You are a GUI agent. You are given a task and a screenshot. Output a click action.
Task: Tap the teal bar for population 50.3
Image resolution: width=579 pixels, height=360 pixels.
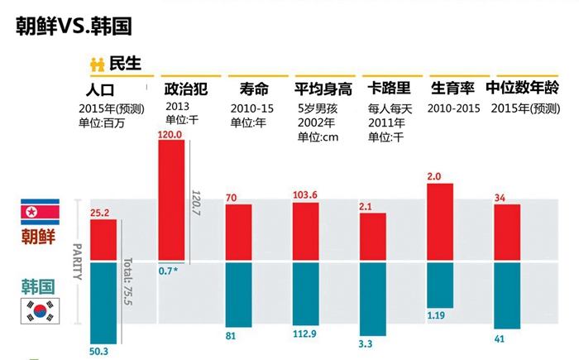[103, 301]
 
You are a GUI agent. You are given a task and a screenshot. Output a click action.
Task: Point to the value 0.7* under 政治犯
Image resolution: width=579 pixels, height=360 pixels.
[170, 271]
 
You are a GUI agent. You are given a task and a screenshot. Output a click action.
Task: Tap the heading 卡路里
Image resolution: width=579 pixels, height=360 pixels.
[387, 89]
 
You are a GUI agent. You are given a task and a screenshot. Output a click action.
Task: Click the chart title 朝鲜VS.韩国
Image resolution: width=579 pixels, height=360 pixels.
[74, 26]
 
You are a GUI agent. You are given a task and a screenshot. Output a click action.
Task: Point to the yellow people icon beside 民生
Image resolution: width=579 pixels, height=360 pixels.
[97, 64]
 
